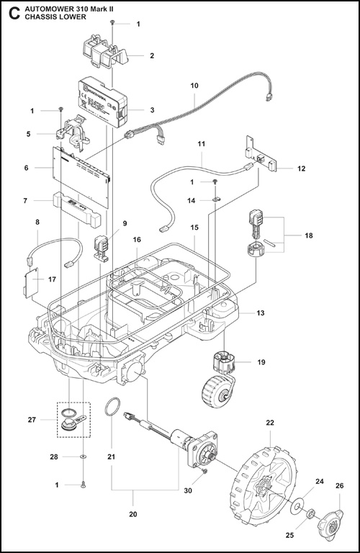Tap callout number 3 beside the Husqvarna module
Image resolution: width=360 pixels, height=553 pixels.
click(152, 110)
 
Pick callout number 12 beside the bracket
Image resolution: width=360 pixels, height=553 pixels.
click(301, 168)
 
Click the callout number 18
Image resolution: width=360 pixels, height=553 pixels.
click(309, 235)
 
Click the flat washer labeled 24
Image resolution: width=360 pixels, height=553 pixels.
click(297, 508)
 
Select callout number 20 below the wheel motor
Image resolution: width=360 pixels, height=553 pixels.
click(132, 515)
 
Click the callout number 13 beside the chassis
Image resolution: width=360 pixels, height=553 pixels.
click(260, 313)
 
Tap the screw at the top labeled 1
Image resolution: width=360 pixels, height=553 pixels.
click(114, 24)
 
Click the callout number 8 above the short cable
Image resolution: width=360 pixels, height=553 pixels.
click(37, 223)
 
